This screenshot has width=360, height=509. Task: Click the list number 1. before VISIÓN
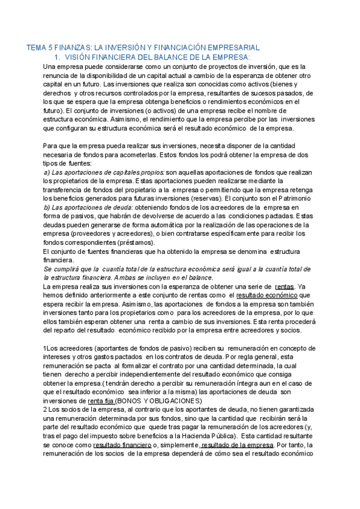point(58,56)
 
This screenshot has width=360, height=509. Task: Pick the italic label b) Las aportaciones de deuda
point(88,207)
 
